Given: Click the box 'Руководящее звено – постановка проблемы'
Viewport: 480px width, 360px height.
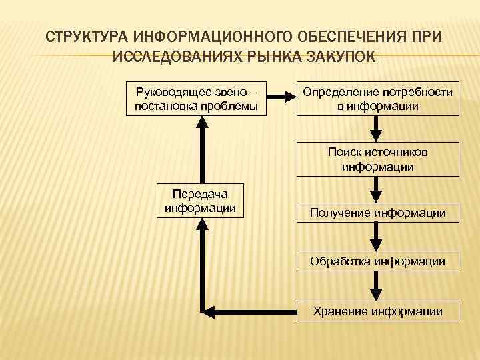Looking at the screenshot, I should tap(197, 98).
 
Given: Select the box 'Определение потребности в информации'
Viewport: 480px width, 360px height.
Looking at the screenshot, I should tap(377, 98).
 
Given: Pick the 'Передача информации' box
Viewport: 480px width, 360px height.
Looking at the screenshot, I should tap(200, 200).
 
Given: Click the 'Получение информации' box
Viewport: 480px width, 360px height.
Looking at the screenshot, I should tap(377, 213).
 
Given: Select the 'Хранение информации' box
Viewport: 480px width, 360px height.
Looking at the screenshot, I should tap(377, 311).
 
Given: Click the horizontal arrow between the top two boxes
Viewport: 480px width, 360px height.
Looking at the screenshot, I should tap(281, 98).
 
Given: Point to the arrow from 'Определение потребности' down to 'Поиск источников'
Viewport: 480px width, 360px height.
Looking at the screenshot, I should tap(377, 129).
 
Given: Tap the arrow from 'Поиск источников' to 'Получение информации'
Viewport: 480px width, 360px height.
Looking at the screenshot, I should tap(377, 190).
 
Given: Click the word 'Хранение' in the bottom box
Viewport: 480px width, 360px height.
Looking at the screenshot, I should tap(341, 311).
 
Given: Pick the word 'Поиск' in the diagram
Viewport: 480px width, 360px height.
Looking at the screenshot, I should tap(341, 153).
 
